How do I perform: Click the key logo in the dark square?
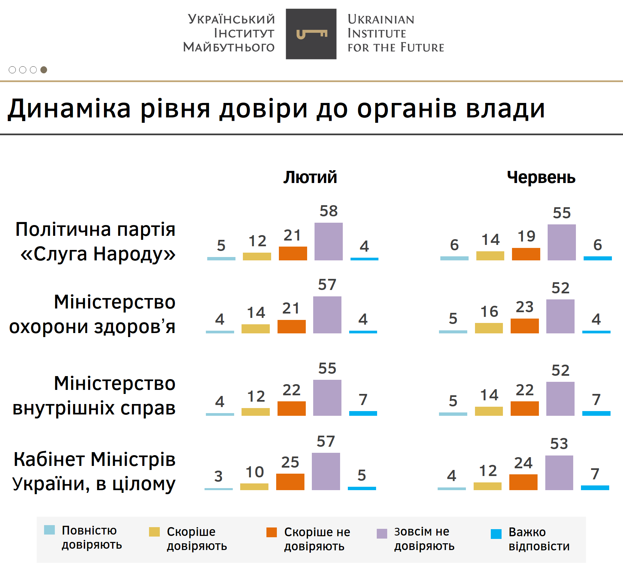pyautogui.click(x=311, y=34)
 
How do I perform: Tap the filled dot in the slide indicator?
pyautogui.click(x=44, y=70)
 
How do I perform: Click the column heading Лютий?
pyautogui.click(x=310, y=177)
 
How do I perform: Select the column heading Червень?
pyautogui.click(x=541, y=177)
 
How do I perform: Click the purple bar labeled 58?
pyautogui.click(x=328, y=241)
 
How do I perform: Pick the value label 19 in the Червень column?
pyautogui.click(x=526, y=236)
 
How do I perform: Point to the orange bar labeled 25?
pyautogui.click(x=290, y=482)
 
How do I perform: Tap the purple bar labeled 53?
pyautogui.click(x=559, y=473)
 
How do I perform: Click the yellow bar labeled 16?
pyautogui.click(x=489, y=328)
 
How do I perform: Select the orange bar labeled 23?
pyautogui.click(x=524, y=326)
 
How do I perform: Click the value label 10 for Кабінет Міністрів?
pyautogui.click(x=254, y=472)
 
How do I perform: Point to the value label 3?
pyautogui.click(x=218, y=476)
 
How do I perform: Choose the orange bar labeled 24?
pyautogui.click(x=523, y=482)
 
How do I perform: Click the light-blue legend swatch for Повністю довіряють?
pyautogui.click(x=49, y=530)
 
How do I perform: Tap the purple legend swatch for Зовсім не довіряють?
pyautogui.click(x=382, y=534)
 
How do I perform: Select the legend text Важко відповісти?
pyautogui.click(x=539, y=539)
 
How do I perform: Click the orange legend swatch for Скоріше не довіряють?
pyautogui.click(x=271, y=532)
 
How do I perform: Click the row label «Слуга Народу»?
pyautogui.click(x=98, y=254)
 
